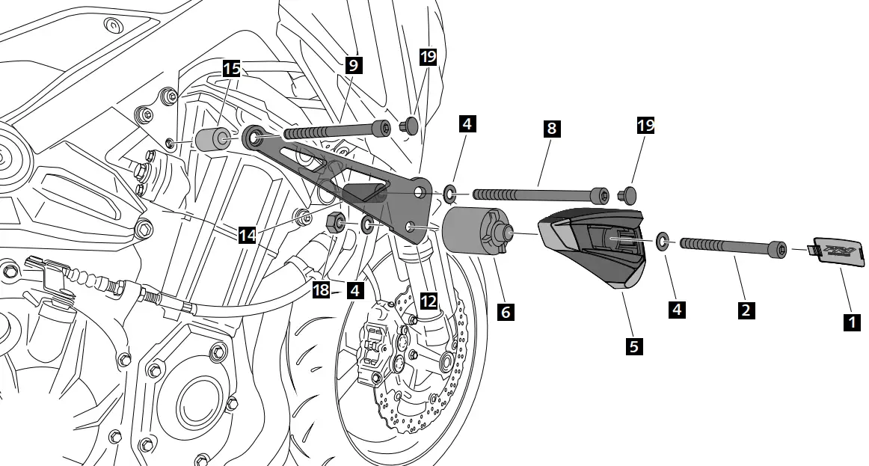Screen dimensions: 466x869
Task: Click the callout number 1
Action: (x=850, y=322)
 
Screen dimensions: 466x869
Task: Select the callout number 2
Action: (x=745, y=308)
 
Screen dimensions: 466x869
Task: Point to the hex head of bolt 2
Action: (x=779, y=248)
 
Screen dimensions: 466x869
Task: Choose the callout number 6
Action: (x=506, y=311)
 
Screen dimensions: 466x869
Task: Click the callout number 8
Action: (x=551, y=127)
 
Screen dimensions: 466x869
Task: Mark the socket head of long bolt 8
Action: (x=599, y=196)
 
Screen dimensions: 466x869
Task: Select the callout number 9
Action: (x=354, y=64)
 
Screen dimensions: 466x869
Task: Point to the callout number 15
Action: (x=231, y=70)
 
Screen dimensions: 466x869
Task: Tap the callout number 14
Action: (x=248, y=235)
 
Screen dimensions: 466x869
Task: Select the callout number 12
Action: (x=428, y=301)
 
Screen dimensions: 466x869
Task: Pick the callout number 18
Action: (x=322, y=289)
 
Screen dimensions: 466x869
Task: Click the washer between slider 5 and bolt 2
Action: (x=663, y=241)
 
